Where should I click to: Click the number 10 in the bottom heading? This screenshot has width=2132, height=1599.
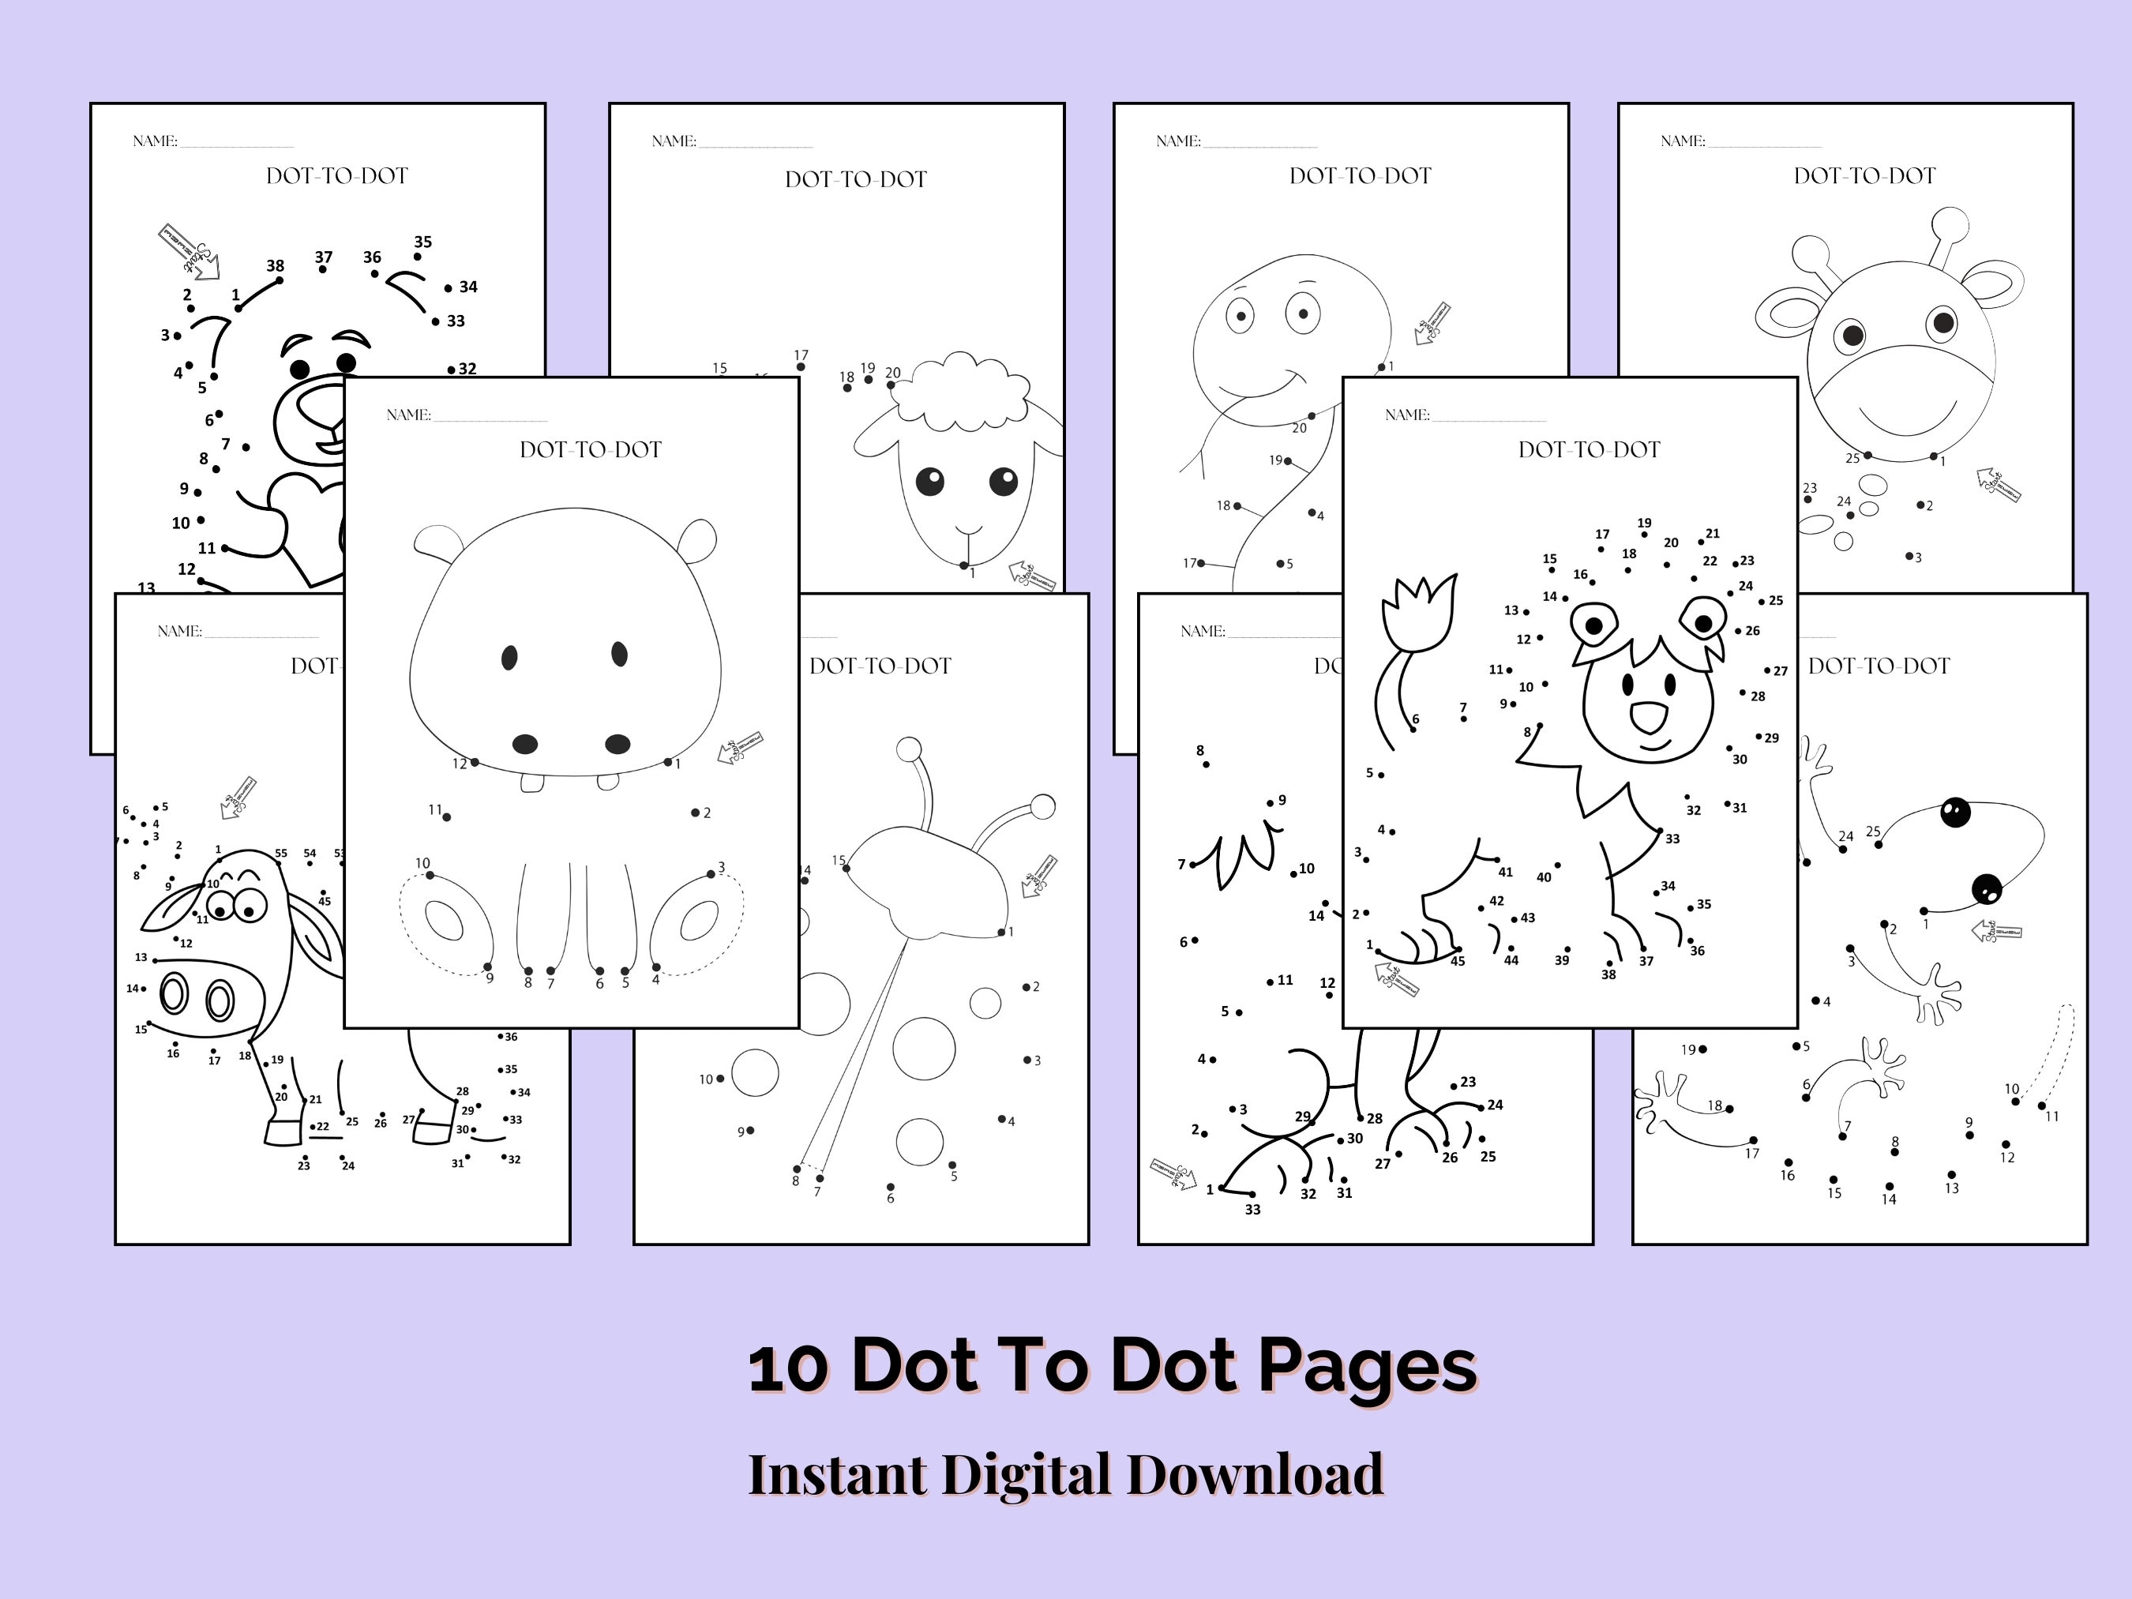click(x=787, y=1368)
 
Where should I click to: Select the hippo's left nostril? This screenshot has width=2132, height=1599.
click(x=524, y=743)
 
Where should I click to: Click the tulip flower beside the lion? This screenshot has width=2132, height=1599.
click(x=1417, y=611)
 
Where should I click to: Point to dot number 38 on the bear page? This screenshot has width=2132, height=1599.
click(x=280, y=280)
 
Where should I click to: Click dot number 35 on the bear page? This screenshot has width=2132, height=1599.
click(x=418, y=257)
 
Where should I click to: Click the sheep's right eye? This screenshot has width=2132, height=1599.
click(x=1002, y=479)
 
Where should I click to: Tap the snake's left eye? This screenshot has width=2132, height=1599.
click(x=1240, y=315)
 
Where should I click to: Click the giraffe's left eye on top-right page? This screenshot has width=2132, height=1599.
click(x=1852, y=336)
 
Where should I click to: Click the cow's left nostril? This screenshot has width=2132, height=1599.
click(x=175, y=993)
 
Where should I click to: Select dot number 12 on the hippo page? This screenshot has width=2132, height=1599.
click(x=475, y=763)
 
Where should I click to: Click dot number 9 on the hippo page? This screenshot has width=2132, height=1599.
click(x=488, y=967)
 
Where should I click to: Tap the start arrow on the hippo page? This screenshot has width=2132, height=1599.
click(x=740, y=747)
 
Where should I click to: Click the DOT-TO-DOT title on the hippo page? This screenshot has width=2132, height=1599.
click(x=590, y=449)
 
